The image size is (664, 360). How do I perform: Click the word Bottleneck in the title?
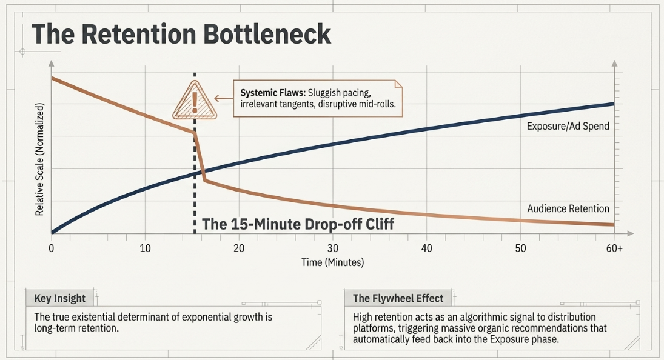(x=267, y=35)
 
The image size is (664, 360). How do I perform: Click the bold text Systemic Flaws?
(x=273, y=93)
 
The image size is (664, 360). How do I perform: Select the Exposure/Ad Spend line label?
(x=568, y=126)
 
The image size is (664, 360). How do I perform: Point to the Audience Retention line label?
(x=568, y=208)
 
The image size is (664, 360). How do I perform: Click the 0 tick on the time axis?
(x=51, y=248)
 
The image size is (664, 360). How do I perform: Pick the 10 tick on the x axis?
(x=146, y=248)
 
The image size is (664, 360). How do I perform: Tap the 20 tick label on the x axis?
(x=239, y=248)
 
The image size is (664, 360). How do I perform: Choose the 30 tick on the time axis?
(x=333, y=248)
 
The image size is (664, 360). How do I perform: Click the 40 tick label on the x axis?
(x=427, y=248)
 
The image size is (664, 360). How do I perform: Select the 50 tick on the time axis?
(x=520, y=248)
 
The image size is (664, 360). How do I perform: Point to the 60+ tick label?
(x=614, y=248)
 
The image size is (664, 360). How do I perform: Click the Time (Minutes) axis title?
(x=333, y=262)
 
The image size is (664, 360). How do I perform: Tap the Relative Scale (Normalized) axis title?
(x=39, y=159)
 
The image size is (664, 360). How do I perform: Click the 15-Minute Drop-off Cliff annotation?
(x=298, y=224)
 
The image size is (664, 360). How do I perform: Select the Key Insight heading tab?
(x=59, y=298)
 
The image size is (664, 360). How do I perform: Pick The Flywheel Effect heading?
(x=398, y=298)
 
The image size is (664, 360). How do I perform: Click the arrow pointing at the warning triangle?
(x=224, y=99)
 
